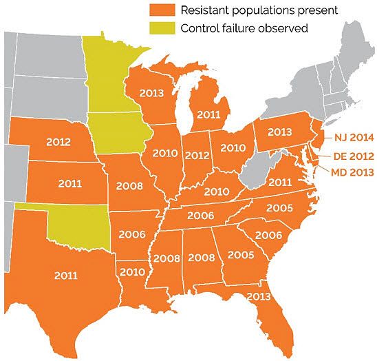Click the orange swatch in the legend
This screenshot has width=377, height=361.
click(x=162, y=10)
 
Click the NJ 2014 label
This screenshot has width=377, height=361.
click(x=352, y=136)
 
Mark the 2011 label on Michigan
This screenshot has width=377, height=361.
click(x=209, y=114)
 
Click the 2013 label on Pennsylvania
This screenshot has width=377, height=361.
click(x=280, y=132)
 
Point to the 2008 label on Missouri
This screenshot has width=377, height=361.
click(x=129, y=185)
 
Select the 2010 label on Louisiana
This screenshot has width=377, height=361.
click(x=133, y=271)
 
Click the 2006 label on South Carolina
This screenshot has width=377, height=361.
click(x=268, y=236)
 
